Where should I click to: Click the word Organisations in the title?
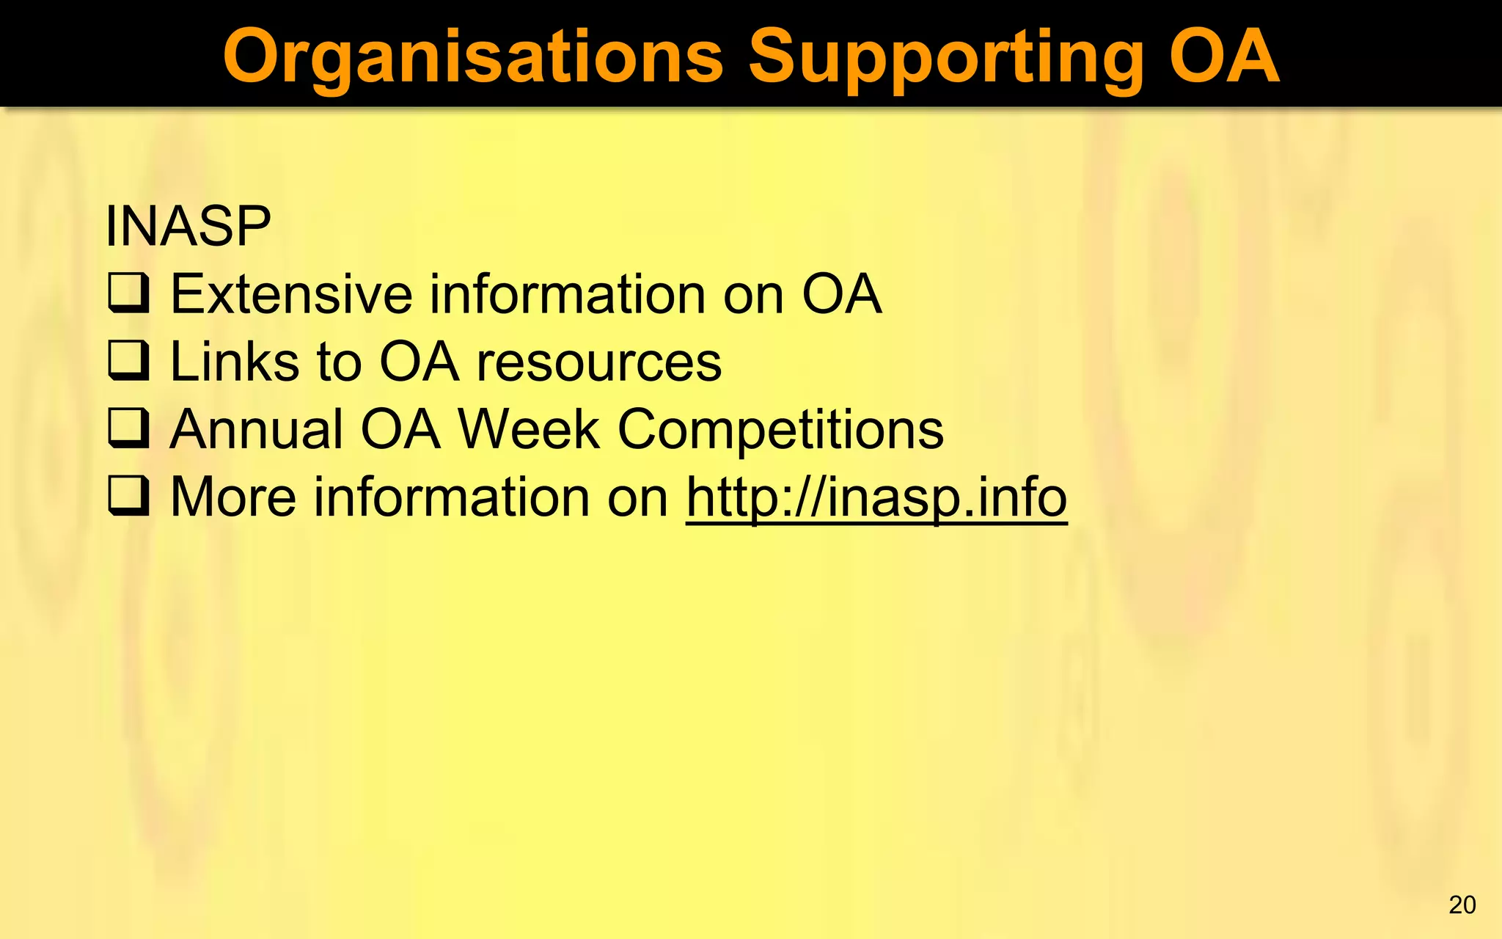[473, 57]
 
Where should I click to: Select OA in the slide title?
[1223, 57]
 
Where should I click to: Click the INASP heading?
[188, 226]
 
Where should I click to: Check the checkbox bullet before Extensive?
[129, 294]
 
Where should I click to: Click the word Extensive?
[292, 294]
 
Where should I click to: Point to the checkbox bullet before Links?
[129, 362]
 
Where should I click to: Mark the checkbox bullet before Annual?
[129, 429]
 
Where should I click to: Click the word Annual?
[256, 429]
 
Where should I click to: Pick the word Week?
[529, 429]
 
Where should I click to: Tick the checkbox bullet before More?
[129, 497]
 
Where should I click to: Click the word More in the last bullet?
[233, 497]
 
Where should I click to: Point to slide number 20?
[1462, 905]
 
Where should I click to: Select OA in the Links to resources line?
[419, 362]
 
